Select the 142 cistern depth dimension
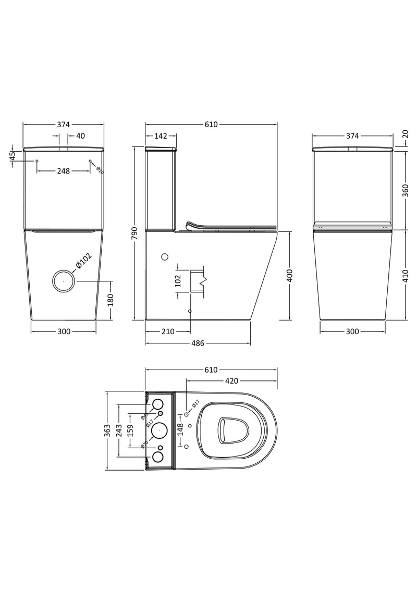click(x=161, y=136)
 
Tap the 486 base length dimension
click(x=198, y=343)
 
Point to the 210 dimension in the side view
click(x=167, y=331)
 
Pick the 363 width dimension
click(x=107, y=430)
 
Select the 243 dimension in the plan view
click(x=119, y=430)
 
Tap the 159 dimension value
click(x=131, y=430)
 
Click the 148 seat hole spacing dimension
click(x=180, y=429)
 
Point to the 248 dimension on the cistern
click(x=63, y=170)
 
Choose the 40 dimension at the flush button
click(x=80, y=136)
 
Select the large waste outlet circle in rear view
click(x=64, y=281)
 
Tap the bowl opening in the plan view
click(x=231, y=430)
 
